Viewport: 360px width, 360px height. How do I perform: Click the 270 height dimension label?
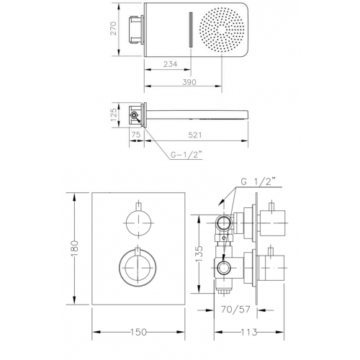113,29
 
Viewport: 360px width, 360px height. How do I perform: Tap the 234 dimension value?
171,64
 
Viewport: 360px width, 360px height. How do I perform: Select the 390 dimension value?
189,82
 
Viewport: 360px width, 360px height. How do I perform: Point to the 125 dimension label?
114,114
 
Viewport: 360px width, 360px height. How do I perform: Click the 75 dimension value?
136,135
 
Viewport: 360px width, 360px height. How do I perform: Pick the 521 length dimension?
195,135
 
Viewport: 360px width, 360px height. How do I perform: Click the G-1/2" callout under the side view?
185,155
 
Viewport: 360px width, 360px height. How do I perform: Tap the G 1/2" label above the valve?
258,181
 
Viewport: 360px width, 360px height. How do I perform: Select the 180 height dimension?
75,248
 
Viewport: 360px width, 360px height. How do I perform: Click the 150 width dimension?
138,332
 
